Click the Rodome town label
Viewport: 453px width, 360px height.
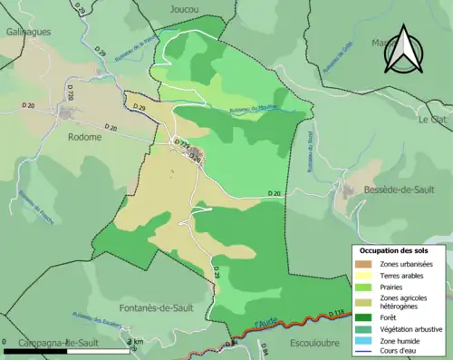click(85, 139)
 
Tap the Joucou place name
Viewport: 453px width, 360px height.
click(184, 8)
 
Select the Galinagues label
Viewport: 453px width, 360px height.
click(26, 31)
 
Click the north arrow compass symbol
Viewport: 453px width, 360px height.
click(403, 50)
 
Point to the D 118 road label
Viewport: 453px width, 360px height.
click(334, 313)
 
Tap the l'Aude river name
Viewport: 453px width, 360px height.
click(265, 322)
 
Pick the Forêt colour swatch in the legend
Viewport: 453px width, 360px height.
click(361, 316)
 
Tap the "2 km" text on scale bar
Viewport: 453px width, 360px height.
click(137, 341)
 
